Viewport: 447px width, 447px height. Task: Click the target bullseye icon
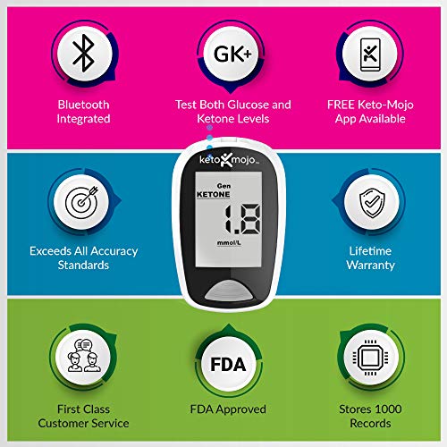click(x=83, y=203)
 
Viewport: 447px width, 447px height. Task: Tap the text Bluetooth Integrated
click(x=83, y=112)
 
